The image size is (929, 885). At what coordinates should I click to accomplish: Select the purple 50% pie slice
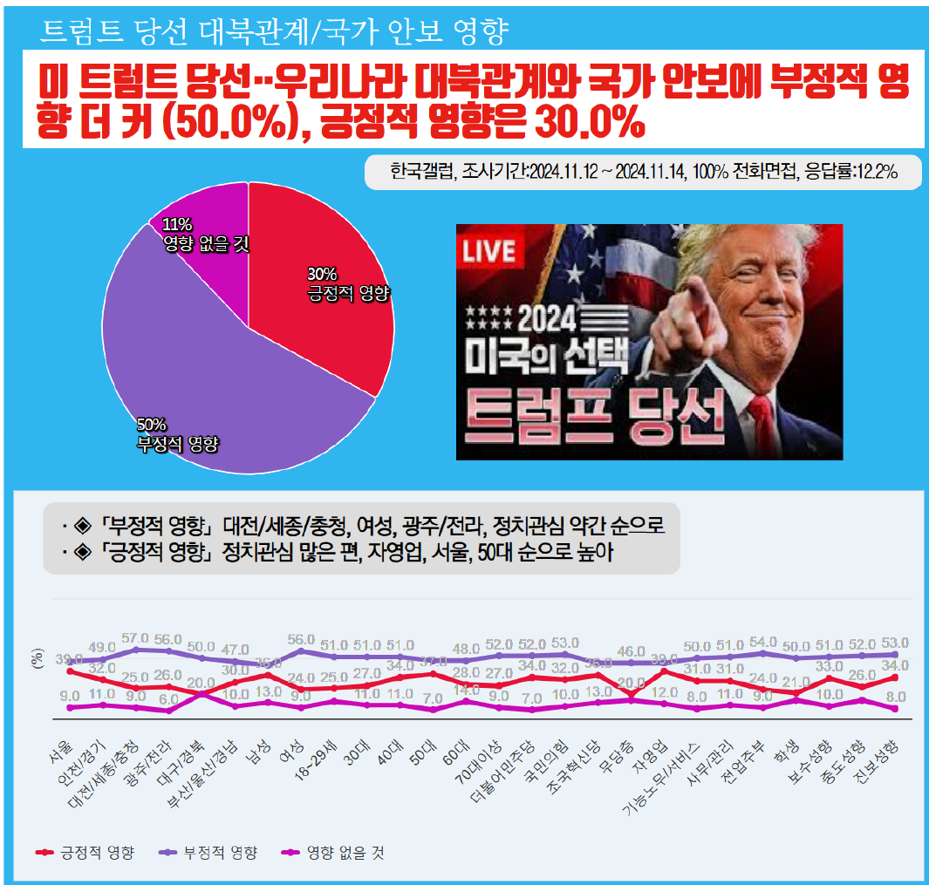click(x=201, y=384)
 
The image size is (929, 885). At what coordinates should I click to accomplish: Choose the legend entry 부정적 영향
click(x=209, y=853)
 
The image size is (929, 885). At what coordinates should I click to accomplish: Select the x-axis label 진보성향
click(x=877, y=763)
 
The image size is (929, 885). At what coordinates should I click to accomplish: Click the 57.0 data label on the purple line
click(x=134, y=639)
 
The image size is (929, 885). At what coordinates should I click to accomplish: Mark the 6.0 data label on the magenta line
click(x=168, y=698)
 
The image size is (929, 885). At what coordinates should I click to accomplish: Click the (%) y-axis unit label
click(x=38, y=658)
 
